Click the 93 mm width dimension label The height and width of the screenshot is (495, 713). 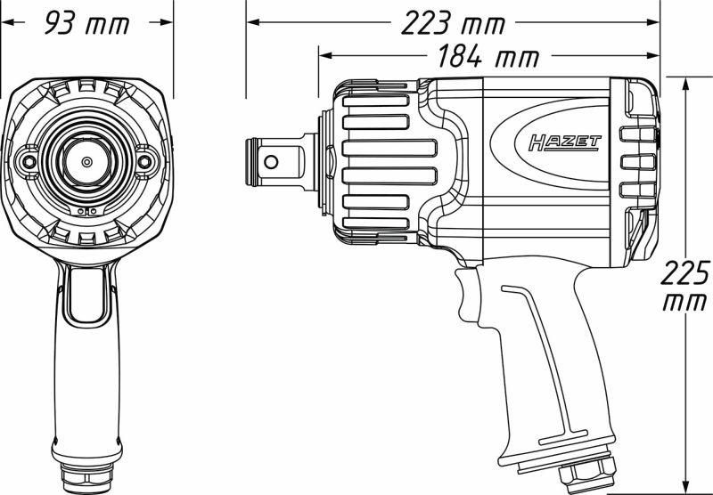click(86, 23)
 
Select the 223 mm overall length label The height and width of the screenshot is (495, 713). click(452, 23)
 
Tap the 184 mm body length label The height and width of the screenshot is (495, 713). click(488, 58)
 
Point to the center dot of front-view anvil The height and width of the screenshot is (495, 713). click(86, 162)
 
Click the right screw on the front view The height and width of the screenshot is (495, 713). click(146, 162)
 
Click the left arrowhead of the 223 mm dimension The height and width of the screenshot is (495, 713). click(251, 21)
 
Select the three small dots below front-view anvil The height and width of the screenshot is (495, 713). click(86, 212)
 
